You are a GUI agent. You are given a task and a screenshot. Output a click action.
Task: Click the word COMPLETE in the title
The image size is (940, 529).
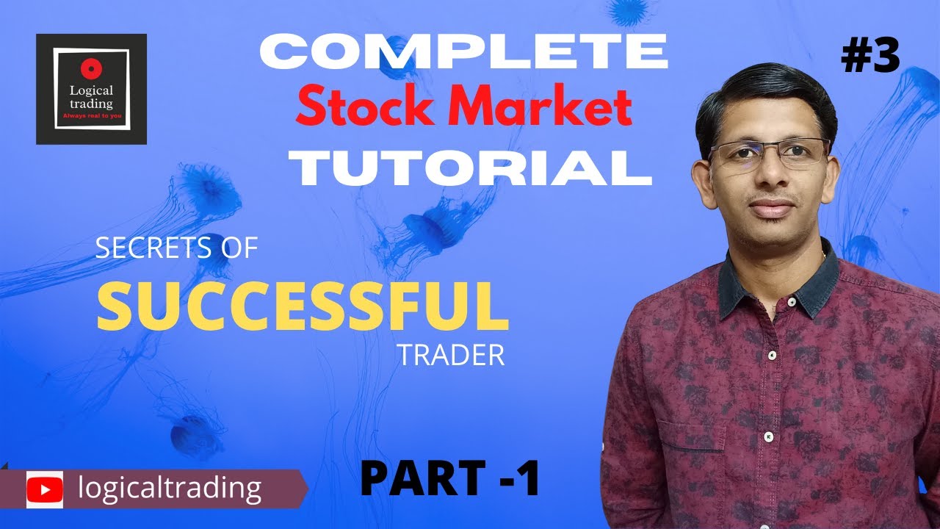[464, 52]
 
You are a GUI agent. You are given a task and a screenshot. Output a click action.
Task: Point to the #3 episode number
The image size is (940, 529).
[870, 57]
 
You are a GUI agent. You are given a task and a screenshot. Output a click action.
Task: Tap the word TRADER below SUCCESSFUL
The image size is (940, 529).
[451, 356]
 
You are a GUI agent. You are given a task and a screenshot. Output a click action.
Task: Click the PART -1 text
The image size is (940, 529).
[450, 478]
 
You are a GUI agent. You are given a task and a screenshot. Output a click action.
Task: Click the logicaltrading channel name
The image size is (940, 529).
[170, 488]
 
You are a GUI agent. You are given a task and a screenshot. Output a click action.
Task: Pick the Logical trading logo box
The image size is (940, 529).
[91, 89]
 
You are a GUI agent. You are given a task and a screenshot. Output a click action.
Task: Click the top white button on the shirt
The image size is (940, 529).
[772, 356]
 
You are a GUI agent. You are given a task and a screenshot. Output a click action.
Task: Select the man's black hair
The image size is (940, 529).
[764, 96]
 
